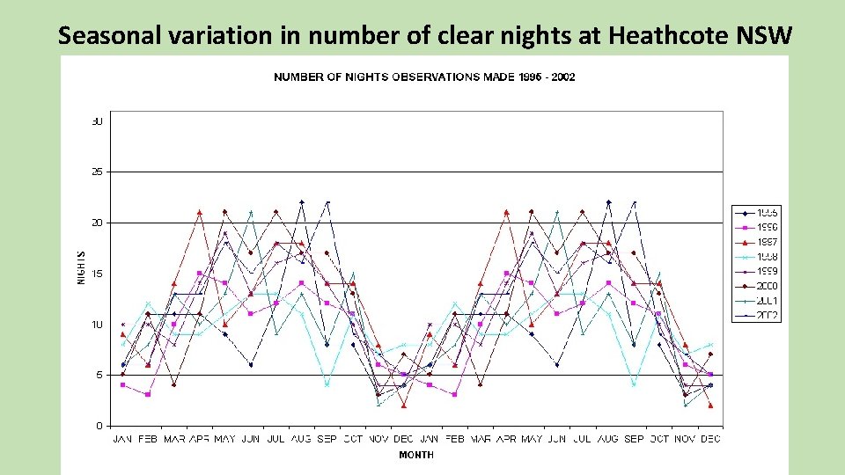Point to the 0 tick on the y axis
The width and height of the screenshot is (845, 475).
99,426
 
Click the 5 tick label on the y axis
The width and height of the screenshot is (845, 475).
99,375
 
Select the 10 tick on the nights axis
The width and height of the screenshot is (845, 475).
97,325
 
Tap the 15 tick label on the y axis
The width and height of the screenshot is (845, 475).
97,274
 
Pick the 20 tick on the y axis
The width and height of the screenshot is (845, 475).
97,223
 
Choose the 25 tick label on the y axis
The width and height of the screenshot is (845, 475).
97,172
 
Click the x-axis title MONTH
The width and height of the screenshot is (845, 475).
415,455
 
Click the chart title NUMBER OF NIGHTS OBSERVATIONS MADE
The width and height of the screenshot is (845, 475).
424,77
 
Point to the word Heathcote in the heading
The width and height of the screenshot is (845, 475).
676,35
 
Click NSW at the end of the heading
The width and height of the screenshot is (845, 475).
768,35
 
